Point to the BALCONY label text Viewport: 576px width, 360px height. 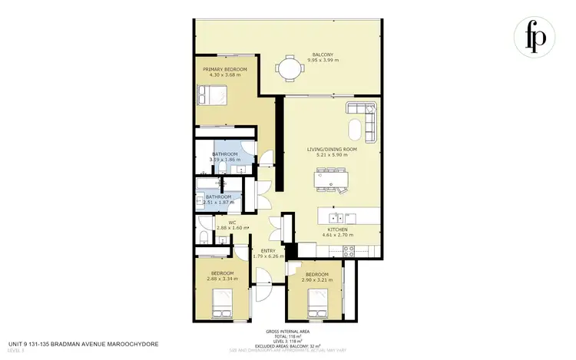pyautogui.click(x=322, y=54)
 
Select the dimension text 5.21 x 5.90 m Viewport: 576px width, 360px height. pyautogui.click(x=332, y=154)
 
